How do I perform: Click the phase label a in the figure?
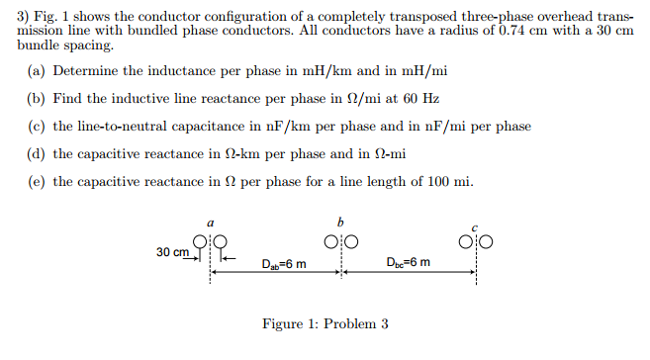pos(209,224)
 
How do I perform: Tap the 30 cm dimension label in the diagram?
pos(173,252)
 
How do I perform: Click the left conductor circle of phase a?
pos(202,240)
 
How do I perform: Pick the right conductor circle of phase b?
pos(349,241)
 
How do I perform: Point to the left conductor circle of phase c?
pos(466,240)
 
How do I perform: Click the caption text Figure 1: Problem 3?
pos(325,323)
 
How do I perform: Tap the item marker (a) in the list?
pos(37,72)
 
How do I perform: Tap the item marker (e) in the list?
pos(37,181)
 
